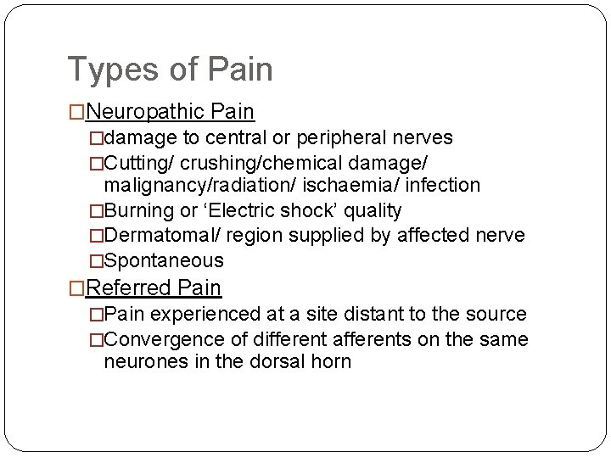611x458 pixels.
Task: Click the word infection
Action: pyautogui.click(x=442, y=185)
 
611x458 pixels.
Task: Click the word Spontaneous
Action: pyautogui.click(x=164, y=260)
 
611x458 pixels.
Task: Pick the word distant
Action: pyautogui.click(x=371, y=314)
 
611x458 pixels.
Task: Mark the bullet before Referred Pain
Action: pyautogui.click(x=76, y=289)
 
